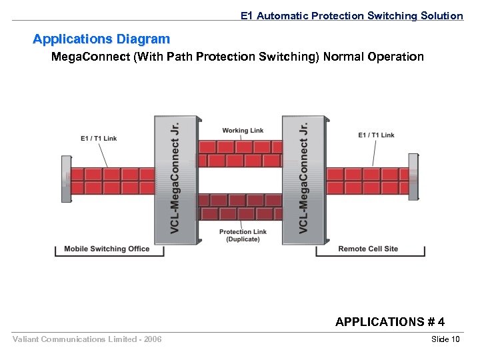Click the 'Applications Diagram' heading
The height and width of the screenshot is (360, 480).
[x=101, y=39]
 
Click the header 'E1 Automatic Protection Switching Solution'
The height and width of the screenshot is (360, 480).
[x=351, y=15]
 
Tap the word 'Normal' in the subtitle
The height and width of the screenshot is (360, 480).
[x=351, y=57]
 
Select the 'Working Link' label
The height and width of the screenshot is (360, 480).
[x=243, y=131]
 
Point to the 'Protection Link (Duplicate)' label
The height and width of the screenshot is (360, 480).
[x=243, y=235]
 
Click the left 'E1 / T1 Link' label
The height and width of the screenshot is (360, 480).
[x=99, y=139]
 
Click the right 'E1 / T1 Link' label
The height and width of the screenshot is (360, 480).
[x=376, y=135]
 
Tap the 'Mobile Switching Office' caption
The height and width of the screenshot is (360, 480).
[x=107, y=249]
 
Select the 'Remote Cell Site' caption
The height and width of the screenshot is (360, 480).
[x=368, y=249]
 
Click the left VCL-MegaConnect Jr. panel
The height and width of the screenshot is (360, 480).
[x=176, y=177]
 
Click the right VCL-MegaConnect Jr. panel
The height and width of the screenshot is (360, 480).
[x=304, y=177]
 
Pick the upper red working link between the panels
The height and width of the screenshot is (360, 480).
[x=240, y=153]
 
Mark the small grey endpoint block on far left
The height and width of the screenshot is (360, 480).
[x=66, y=178]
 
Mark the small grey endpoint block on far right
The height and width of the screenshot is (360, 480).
[x=414, y=177]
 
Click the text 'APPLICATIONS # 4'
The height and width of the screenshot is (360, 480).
[x=390, y=322]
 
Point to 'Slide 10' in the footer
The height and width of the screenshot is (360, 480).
[x=446, y=340]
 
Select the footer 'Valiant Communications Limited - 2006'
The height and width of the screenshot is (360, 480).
[x=87, y=340]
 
